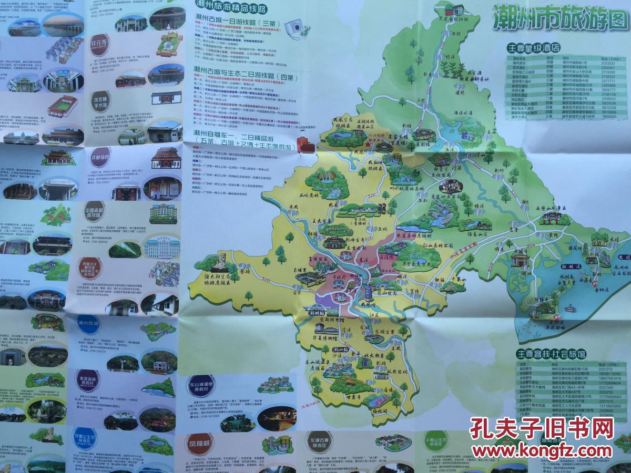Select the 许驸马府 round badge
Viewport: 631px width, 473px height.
point(99,157)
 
